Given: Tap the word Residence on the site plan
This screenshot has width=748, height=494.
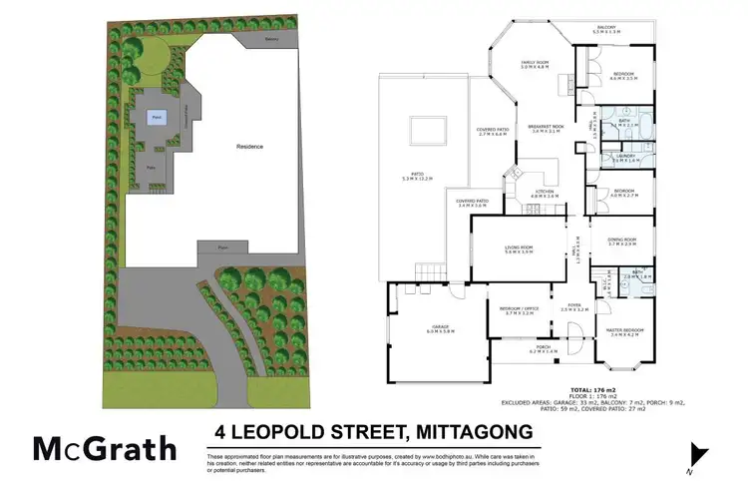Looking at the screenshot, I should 249,147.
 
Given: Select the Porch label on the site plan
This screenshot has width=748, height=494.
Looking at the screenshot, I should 224,246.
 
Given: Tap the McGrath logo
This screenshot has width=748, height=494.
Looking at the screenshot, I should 106,449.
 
